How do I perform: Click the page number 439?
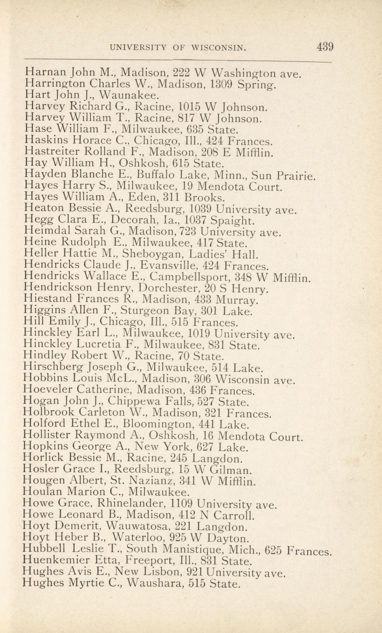click(325, 47)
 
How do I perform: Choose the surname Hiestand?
click(48, 299)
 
